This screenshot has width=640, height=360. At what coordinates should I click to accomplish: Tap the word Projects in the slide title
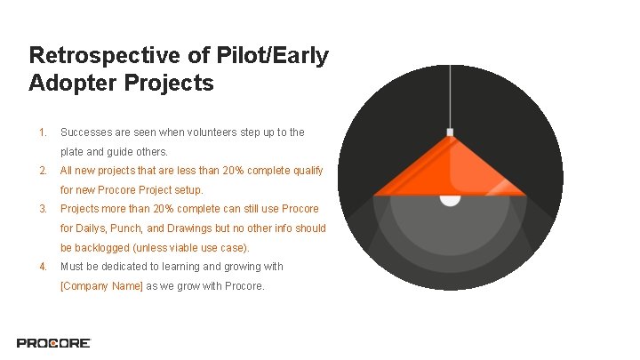point(169,84)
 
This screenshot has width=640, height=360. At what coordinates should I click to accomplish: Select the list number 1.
point(42,132)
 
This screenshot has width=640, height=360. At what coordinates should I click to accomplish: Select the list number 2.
point(42,171)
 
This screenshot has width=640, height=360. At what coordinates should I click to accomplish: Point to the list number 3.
point(42,209)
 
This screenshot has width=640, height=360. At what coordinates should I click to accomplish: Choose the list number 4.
point(42,267)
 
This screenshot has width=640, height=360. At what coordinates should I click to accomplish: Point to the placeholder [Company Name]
point(101,286)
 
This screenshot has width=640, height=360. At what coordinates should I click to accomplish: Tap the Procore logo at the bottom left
point(53,342)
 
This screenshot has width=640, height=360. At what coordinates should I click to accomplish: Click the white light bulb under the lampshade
point(450,198)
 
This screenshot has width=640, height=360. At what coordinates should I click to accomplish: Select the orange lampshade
point(450,169)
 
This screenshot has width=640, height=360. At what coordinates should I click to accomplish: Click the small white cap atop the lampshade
point(450,132)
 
